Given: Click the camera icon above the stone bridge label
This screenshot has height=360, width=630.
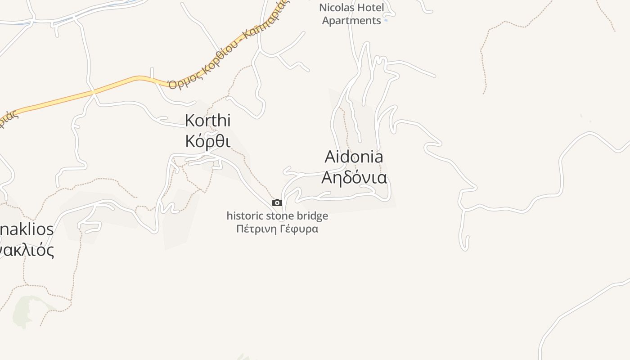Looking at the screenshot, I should pyautogui.click(x=277, y=203).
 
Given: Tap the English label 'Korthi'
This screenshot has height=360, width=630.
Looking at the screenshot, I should pyautogui.click(x=208, y=121).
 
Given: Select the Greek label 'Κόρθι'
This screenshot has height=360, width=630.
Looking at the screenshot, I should pyautogui.click(x=208, y=141).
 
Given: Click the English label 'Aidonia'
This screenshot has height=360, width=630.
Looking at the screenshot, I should pyautogui.click(x=354, y=157).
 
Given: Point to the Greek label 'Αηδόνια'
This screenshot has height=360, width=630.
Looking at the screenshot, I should pyautogui.click(x=354, y=178).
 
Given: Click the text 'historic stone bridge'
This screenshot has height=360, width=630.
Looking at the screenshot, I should pyautogui.click(x=277, y=216).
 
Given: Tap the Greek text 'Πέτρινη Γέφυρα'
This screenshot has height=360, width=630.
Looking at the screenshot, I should pyautogui.click(x=277, y=229).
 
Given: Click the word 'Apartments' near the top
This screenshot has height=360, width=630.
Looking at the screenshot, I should pyautogui.click(x=351, y=21).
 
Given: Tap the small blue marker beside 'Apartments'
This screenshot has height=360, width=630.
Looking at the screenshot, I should pyautogui.click(x=386, y=20).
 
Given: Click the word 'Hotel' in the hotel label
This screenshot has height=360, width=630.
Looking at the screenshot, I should pyautogui.click(x=370, y=8).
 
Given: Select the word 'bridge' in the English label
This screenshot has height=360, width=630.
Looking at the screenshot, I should pyautogui.click(x=314, y=216).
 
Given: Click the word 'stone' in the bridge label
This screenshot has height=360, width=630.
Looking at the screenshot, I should pyautogui.click(x=284, y=216).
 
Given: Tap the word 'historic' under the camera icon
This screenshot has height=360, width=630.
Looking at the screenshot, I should pyautogui.click(x=245, y=216).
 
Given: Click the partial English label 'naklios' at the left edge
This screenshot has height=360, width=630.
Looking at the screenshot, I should pyautogui.click(x=27, y=229).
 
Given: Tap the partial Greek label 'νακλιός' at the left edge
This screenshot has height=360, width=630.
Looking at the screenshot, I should pyautogui.click(x=27, y=250).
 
